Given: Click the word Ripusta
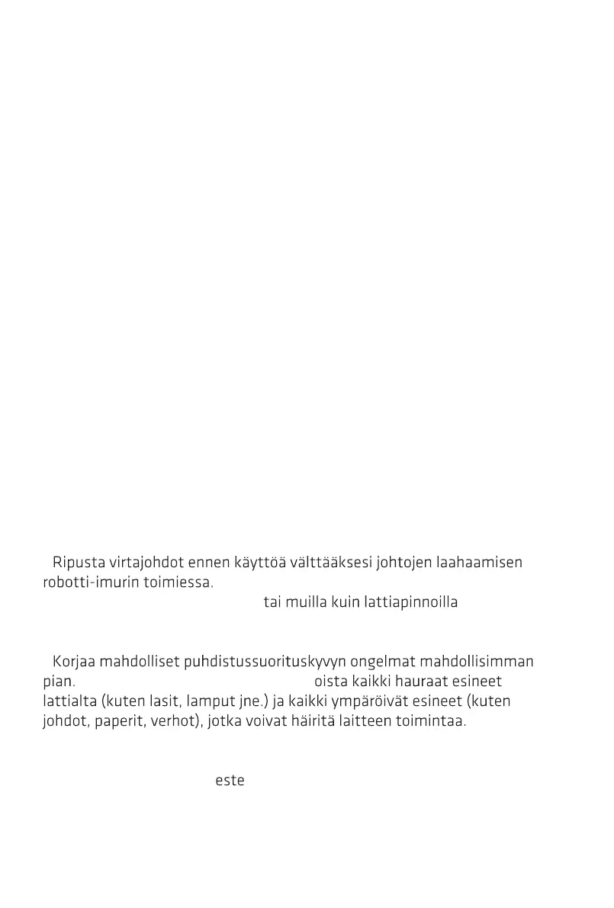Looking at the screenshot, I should pyautogui.click(x=76, y=563).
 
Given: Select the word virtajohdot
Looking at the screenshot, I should pyautogui.click(x=139, y=563).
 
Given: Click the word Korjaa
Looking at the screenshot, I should pyautogui.click(x=74, y=662).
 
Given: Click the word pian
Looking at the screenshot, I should pyautogui.click(x=58, y=682).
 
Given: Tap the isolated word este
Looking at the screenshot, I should pyautogui.click(x=230, y=781).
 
